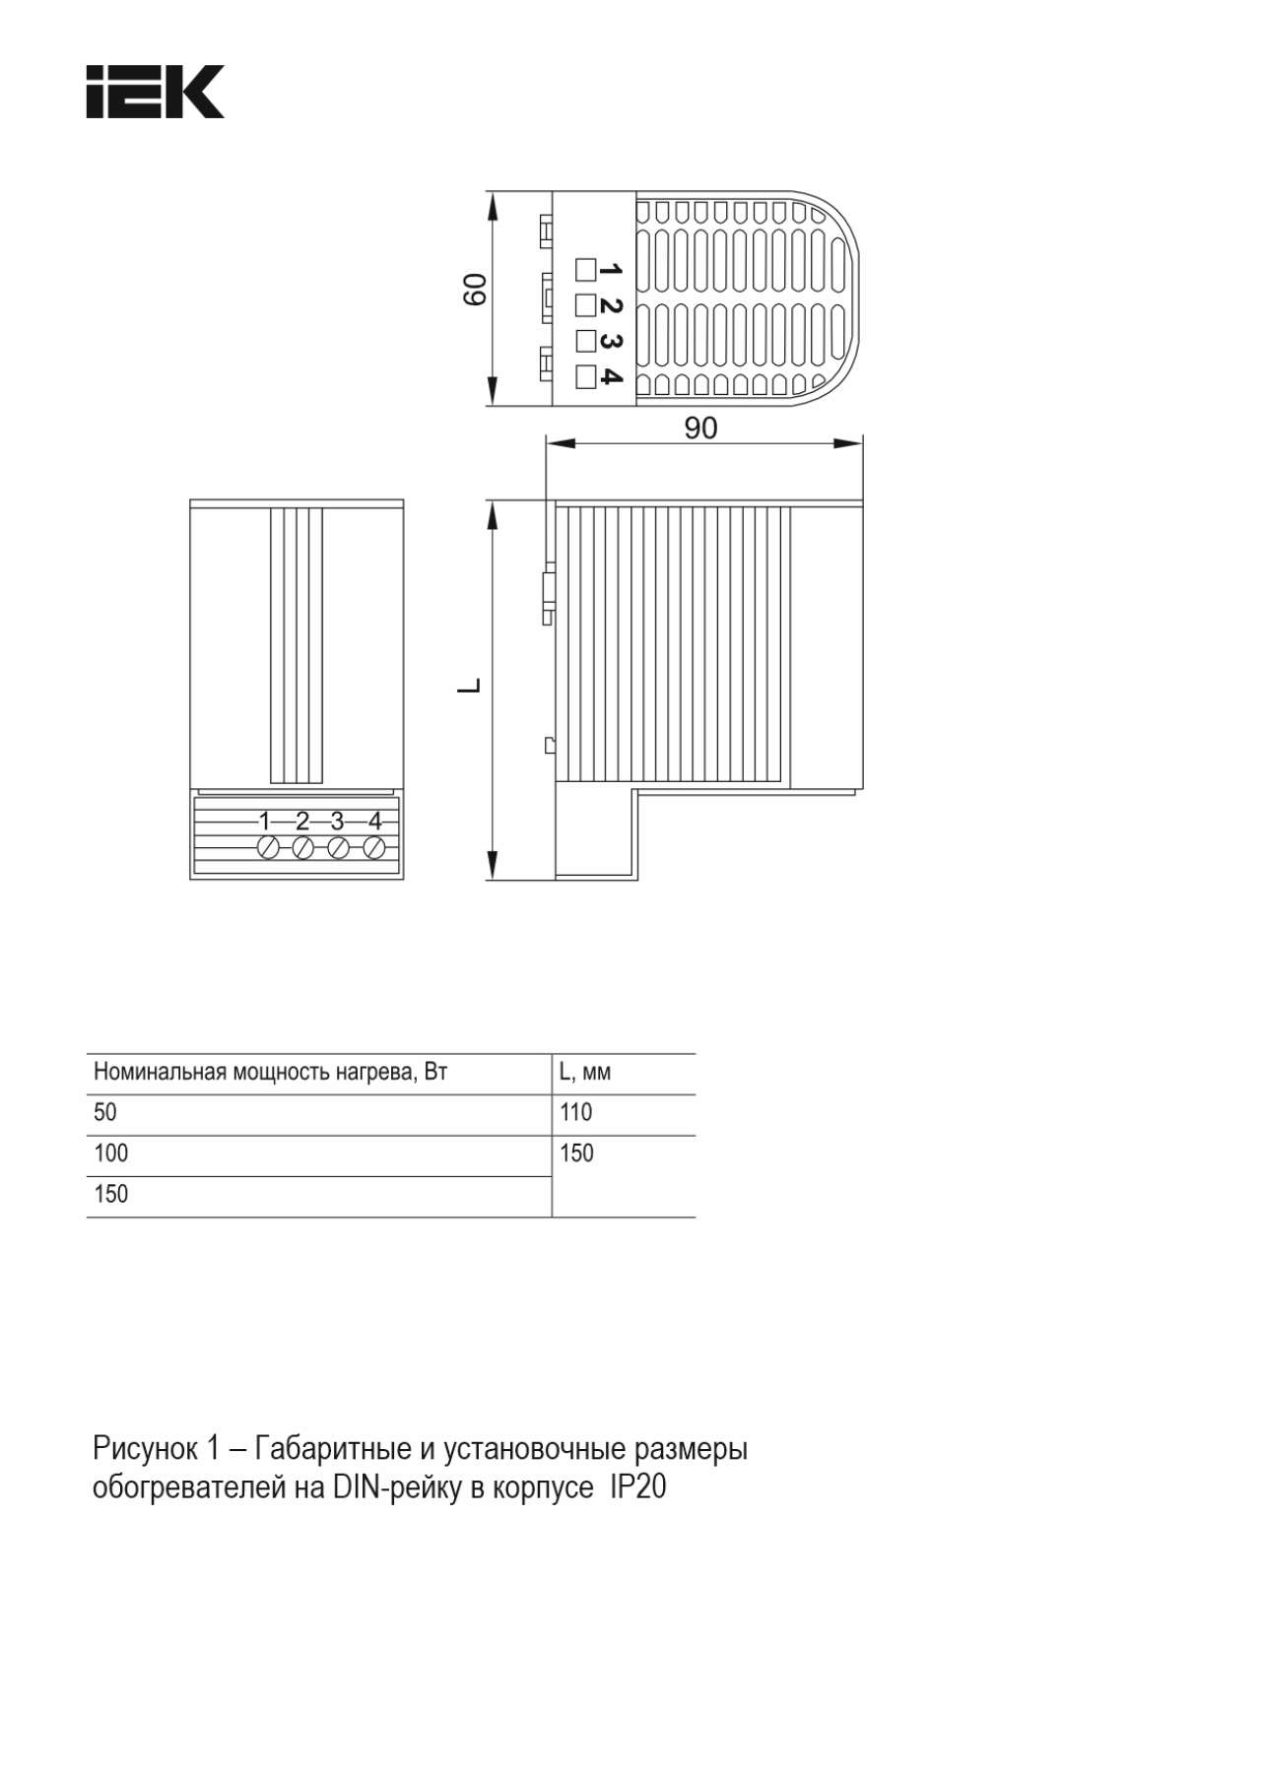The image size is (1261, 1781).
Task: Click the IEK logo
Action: click(155, 92)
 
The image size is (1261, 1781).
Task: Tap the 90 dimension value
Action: click(700, 428)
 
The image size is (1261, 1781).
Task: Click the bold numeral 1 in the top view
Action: click(611, 269)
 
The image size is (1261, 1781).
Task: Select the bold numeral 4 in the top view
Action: click(611, 376)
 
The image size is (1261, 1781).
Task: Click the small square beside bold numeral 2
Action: click(585, 304)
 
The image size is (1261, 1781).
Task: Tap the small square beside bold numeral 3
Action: click(585, 340)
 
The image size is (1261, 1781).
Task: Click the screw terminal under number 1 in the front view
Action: click(267, 847)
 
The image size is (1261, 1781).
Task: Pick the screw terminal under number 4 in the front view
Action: click(373, 847)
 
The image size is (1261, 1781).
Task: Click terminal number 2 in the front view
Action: click(302, 821)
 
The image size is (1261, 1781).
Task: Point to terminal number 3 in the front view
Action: click(337, 821)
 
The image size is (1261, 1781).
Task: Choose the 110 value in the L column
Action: click(576, 1112)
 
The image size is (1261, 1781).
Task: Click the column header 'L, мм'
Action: click(585, 1072)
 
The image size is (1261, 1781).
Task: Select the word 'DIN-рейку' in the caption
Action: click(398, 1487)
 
